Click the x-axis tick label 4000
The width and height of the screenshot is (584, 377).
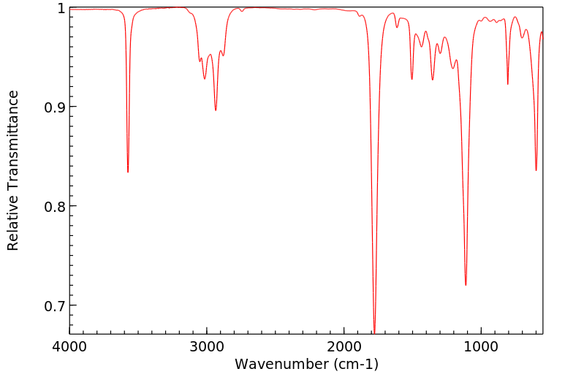click(69, 346)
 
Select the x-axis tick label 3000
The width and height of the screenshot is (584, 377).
click(207, 346)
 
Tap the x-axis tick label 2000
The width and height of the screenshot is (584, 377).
click(344, 346)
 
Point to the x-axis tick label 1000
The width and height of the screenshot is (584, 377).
click(481, 346)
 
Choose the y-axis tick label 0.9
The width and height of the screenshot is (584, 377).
click(53, 107)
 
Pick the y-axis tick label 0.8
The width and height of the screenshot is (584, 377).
click(53, 206)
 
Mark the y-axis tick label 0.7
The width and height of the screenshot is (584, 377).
click(53, 305)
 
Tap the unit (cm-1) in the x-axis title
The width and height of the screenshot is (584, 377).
click(354, 363)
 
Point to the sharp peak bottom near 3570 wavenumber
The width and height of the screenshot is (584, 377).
click(128, 172)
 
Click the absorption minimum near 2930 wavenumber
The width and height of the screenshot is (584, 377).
click(216, 110)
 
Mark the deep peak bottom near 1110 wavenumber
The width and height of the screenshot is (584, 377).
click(466, 285)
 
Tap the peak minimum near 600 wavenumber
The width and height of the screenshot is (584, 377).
click(536, 170)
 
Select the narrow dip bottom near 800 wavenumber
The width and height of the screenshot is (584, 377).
click(508, 84)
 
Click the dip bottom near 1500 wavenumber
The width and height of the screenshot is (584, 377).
click(412, 79)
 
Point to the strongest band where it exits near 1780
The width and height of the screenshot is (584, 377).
click(374, 332)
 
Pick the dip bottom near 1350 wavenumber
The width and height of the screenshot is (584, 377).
click(433, 80)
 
